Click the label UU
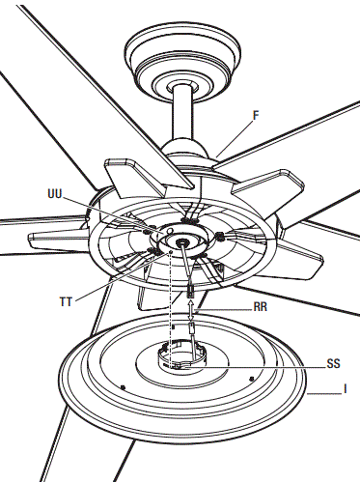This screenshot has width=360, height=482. point(55,193)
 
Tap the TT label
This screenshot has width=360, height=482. point(66,301)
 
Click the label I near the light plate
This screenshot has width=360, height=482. point(345,391)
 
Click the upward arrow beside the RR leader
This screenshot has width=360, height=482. point(192,309)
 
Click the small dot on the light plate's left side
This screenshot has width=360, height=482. point(124,385)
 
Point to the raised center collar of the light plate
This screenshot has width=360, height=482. point(180,358)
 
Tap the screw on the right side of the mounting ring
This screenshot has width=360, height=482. point(220,236)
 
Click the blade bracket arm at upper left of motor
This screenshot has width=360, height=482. point(125,178)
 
